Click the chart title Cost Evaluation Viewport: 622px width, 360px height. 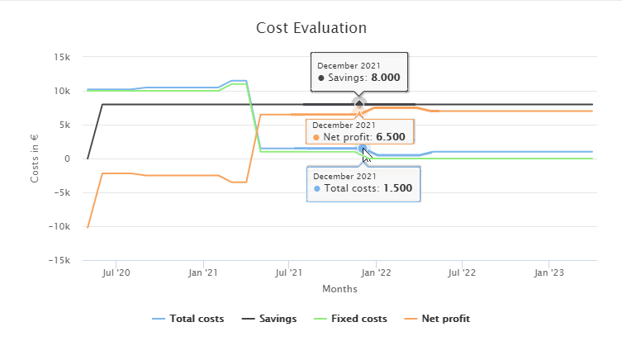click(311, 27)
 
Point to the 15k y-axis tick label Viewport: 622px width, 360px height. click(61, 57)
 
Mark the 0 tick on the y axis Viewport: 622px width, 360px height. click(68, 159)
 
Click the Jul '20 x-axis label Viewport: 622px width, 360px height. click(116, 272)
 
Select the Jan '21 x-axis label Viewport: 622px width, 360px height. click(202, 272)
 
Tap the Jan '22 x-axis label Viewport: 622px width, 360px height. click(376, 272)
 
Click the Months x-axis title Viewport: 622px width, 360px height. click(339, 289)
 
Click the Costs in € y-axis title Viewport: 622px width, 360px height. click(35, 159)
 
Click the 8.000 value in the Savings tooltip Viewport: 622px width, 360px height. click(385, 78)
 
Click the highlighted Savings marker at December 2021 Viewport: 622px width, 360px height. click(358, 104)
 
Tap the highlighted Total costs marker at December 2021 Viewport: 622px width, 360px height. click(363, 149)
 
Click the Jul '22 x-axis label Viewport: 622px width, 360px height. click(462, 272)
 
